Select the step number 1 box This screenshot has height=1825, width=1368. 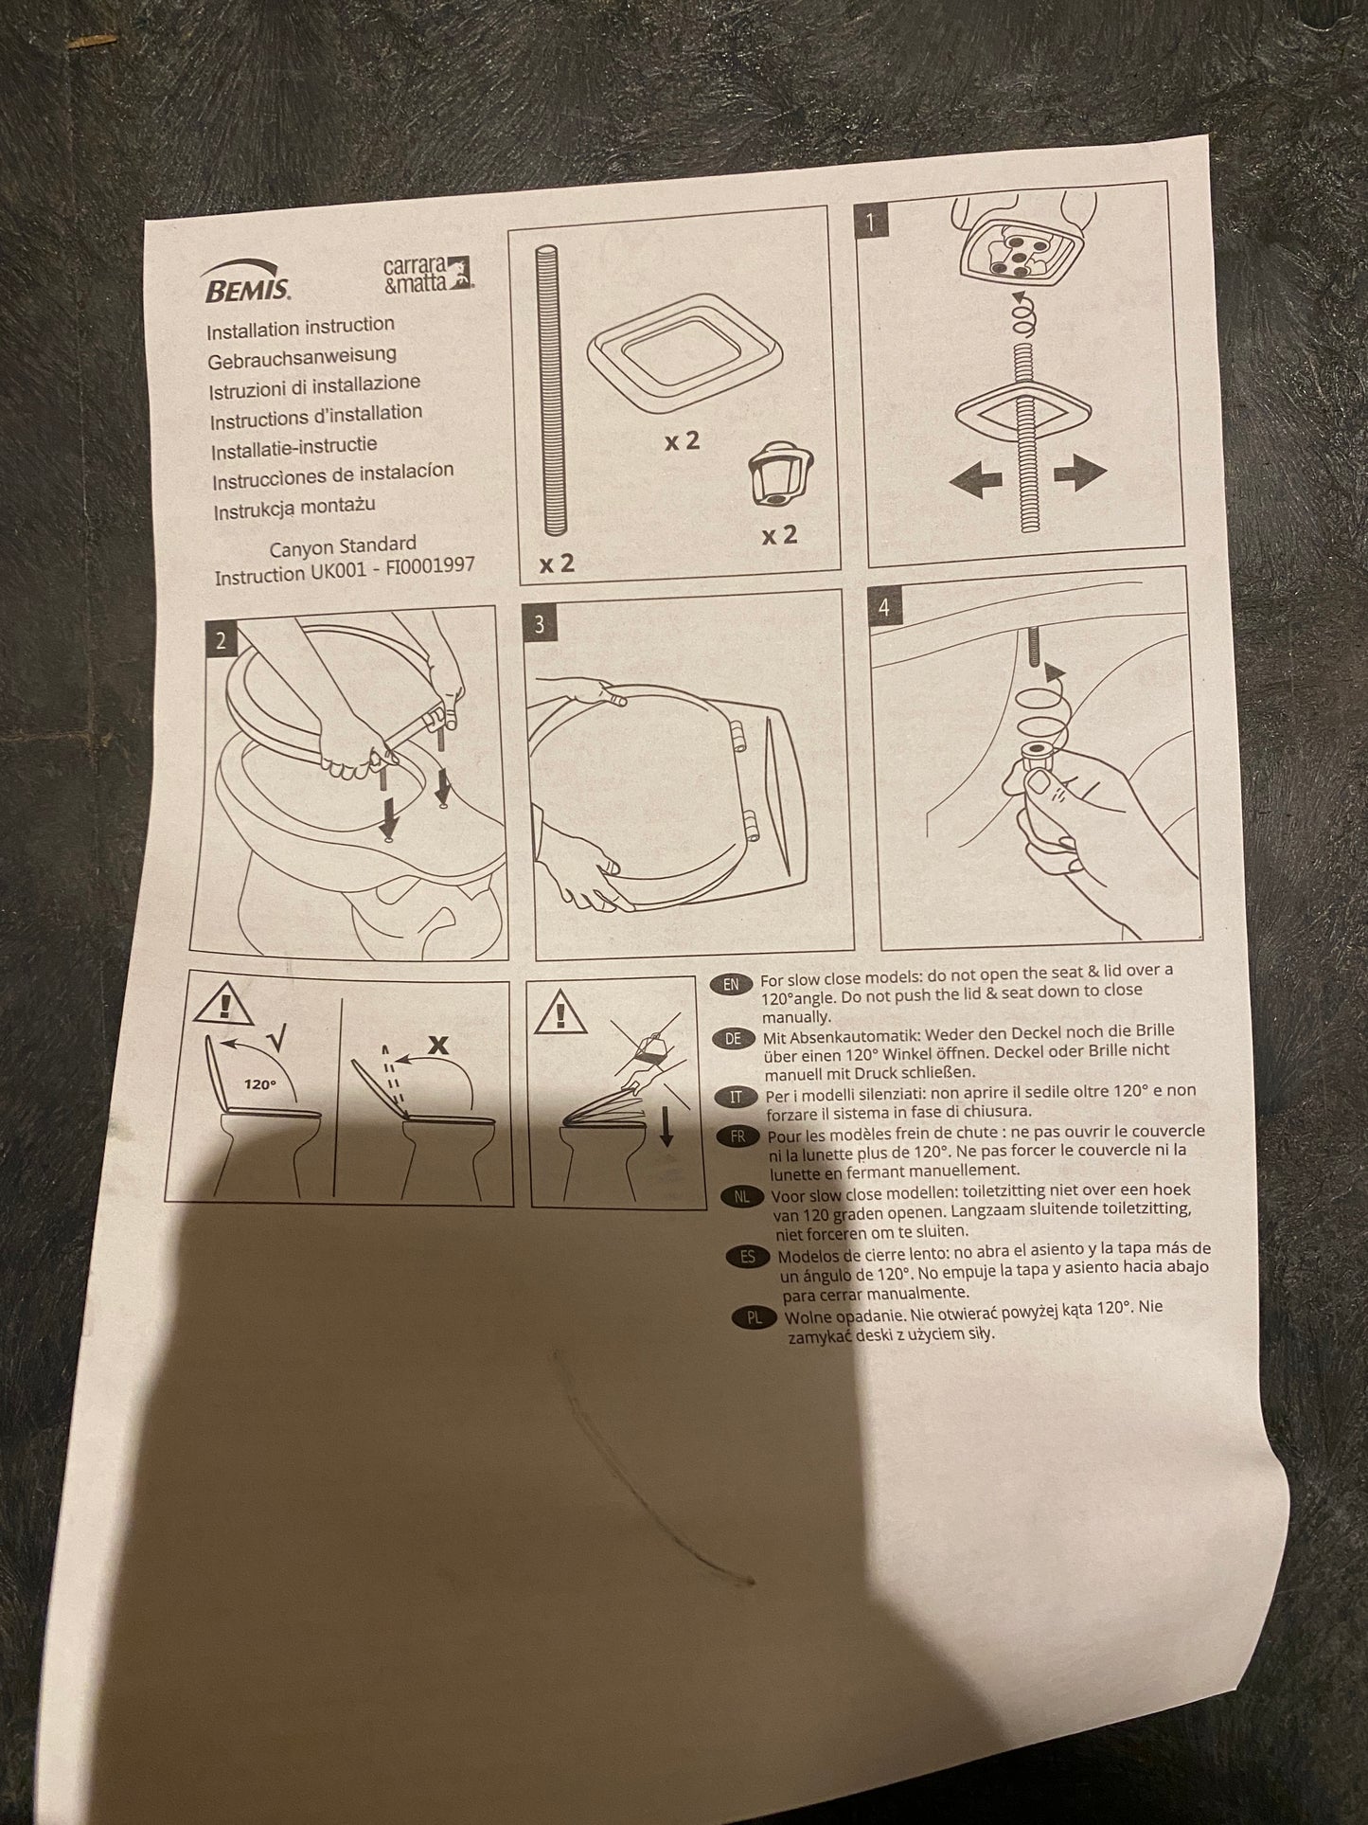tap(871, 224)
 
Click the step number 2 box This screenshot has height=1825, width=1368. tap(220, 640)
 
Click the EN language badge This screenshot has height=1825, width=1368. tap(731, 984)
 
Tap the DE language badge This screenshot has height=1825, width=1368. tap(734, 1038)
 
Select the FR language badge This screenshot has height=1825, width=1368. tap(738, 1136)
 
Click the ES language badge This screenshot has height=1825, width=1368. tap(748, 1257)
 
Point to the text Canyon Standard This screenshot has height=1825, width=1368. tap(343, 546)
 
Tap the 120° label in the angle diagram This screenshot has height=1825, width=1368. tap(259, 1084)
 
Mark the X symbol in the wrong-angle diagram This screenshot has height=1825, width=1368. tap(438, 1044)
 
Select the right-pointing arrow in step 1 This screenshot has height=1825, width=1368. tap(1079, 473)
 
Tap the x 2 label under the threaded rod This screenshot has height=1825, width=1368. tap(557, 564)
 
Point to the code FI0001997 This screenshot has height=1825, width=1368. tap(426, 567)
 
